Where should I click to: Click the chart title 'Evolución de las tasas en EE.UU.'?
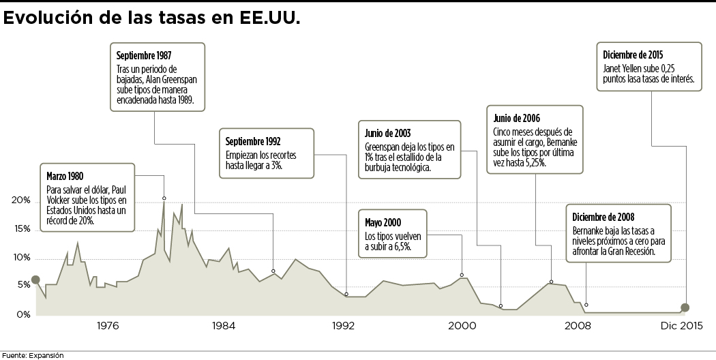point(152,18)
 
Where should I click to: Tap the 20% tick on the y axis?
point(22,201)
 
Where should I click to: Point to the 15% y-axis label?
point(22,229)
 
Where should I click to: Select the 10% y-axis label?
point(22,258)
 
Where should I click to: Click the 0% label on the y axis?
point(23,315)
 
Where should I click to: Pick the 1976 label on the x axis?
point(108,326)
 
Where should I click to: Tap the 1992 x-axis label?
point(343,326)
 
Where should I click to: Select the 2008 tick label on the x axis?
point(578,326)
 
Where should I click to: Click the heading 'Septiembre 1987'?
point(144,55)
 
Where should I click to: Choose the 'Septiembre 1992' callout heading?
point(254,141)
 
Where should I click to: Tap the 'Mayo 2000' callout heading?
point(383,222)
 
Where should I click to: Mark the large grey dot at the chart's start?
point(35,280)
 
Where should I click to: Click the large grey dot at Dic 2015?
point(685,307)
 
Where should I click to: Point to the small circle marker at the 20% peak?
point(164,198)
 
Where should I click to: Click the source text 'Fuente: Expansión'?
point(32,355)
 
